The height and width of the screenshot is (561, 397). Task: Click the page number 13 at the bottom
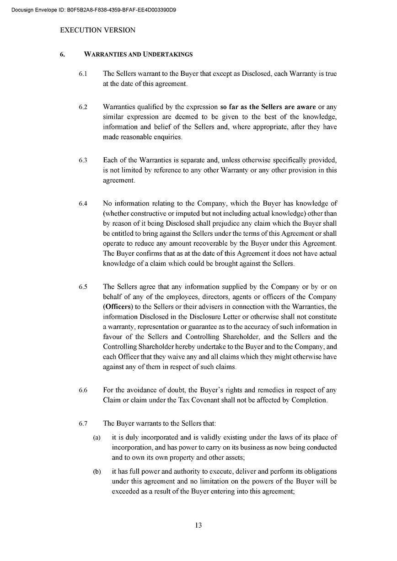198,525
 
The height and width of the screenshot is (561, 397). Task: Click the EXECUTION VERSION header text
97,30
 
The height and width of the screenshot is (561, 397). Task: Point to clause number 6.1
83,74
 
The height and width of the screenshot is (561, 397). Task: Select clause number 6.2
83,107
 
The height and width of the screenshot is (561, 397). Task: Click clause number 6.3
83,160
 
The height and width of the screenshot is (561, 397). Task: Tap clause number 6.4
83,203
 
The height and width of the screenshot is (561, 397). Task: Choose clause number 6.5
83,287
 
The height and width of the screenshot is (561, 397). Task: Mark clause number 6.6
83,390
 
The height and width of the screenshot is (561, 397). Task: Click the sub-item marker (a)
97,438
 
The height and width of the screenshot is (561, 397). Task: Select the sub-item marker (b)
97,471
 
